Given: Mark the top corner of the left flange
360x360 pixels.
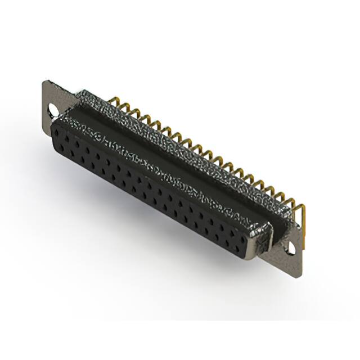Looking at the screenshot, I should click(x=45, y=82).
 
